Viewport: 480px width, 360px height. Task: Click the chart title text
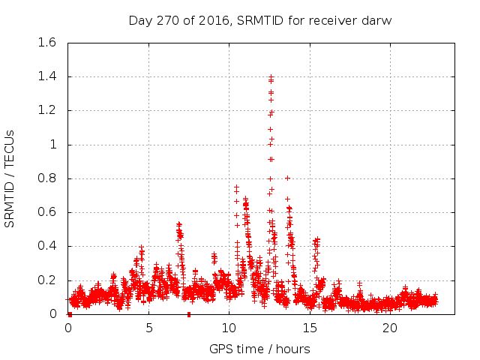260,19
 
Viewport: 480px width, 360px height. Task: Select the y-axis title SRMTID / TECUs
10,178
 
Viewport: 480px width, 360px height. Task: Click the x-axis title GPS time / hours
259,349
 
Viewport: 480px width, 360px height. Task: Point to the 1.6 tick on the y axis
47,43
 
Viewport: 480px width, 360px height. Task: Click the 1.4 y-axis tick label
47,76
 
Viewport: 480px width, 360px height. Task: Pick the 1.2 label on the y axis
47,110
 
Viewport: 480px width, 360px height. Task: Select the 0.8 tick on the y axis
47,178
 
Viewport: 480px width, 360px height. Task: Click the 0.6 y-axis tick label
47,212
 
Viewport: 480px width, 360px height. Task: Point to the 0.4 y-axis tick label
47,246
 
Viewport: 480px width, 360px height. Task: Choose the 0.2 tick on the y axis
47,280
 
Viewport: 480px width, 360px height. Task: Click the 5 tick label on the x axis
148,328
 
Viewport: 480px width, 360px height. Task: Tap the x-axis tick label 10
229,328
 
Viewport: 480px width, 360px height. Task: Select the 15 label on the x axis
309,328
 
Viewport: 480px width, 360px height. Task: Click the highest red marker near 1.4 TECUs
271,76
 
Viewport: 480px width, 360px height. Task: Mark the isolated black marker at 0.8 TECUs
287,178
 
